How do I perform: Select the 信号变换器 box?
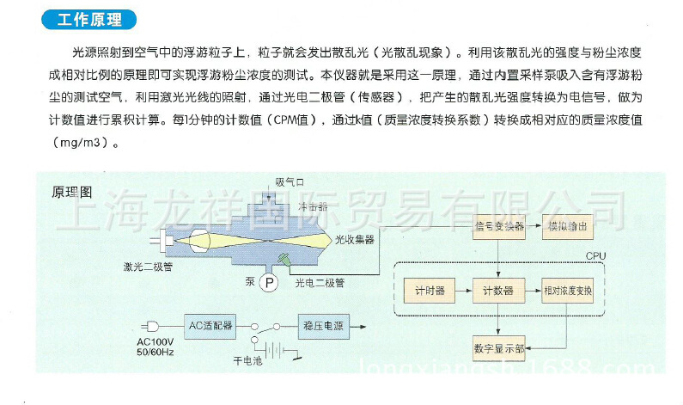click(498, 227)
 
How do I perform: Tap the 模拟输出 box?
click(566, 227)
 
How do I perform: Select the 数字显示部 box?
click(499, 350)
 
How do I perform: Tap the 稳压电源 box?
click(322, 326)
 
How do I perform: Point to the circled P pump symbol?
click(269, 282)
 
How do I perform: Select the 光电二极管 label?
click(320, 282)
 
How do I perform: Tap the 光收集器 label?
click(355, 238)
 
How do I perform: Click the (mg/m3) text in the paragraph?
click(82, 142)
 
